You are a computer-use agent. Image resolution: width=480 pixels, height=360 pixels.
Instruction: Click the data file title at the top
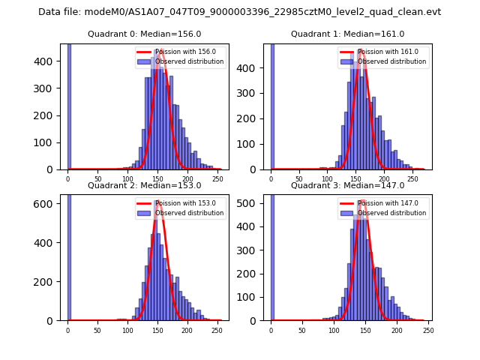click(x=239, y=12)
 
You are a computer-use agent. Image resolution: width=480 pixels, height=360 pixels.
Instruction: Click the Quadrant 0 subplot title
click(x=144, y=34)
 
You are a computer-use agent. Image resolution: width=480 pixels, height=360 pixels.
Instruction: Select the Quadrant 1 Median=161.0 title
click(x=347, y=34)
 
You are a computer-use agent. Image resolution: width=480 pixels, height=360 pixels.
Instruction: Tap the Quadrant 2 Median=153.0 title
click(x=144, y=185)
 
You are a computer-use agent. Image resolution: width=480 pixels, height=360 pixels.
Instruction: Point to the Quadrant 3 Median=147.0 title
click(x=347, y=185)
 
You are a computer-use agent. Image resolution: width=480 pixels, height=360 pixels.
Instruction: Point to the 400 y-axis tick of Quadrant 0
click(x=49, y=61)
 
